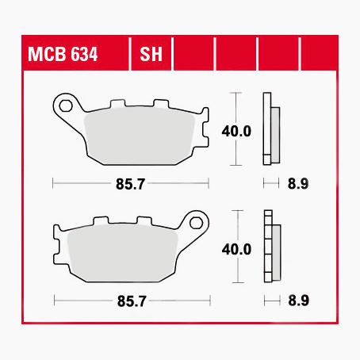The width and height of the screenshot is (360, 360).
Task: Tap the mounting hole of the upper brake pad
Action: (66, 102)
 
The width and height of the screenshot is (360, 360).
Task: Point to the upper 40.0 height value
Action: (237, 130)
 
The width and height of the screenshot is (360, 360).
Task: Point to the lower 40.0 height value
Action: (237, 248)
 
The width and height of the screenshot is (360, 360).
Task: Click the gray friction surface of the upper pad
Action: (139, 135)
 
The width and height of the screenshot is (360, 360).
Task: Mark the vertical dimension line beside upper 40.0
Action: (236, 111)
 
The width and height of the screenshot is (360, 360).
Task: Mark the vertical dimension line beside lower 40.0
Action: (236, 230)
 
